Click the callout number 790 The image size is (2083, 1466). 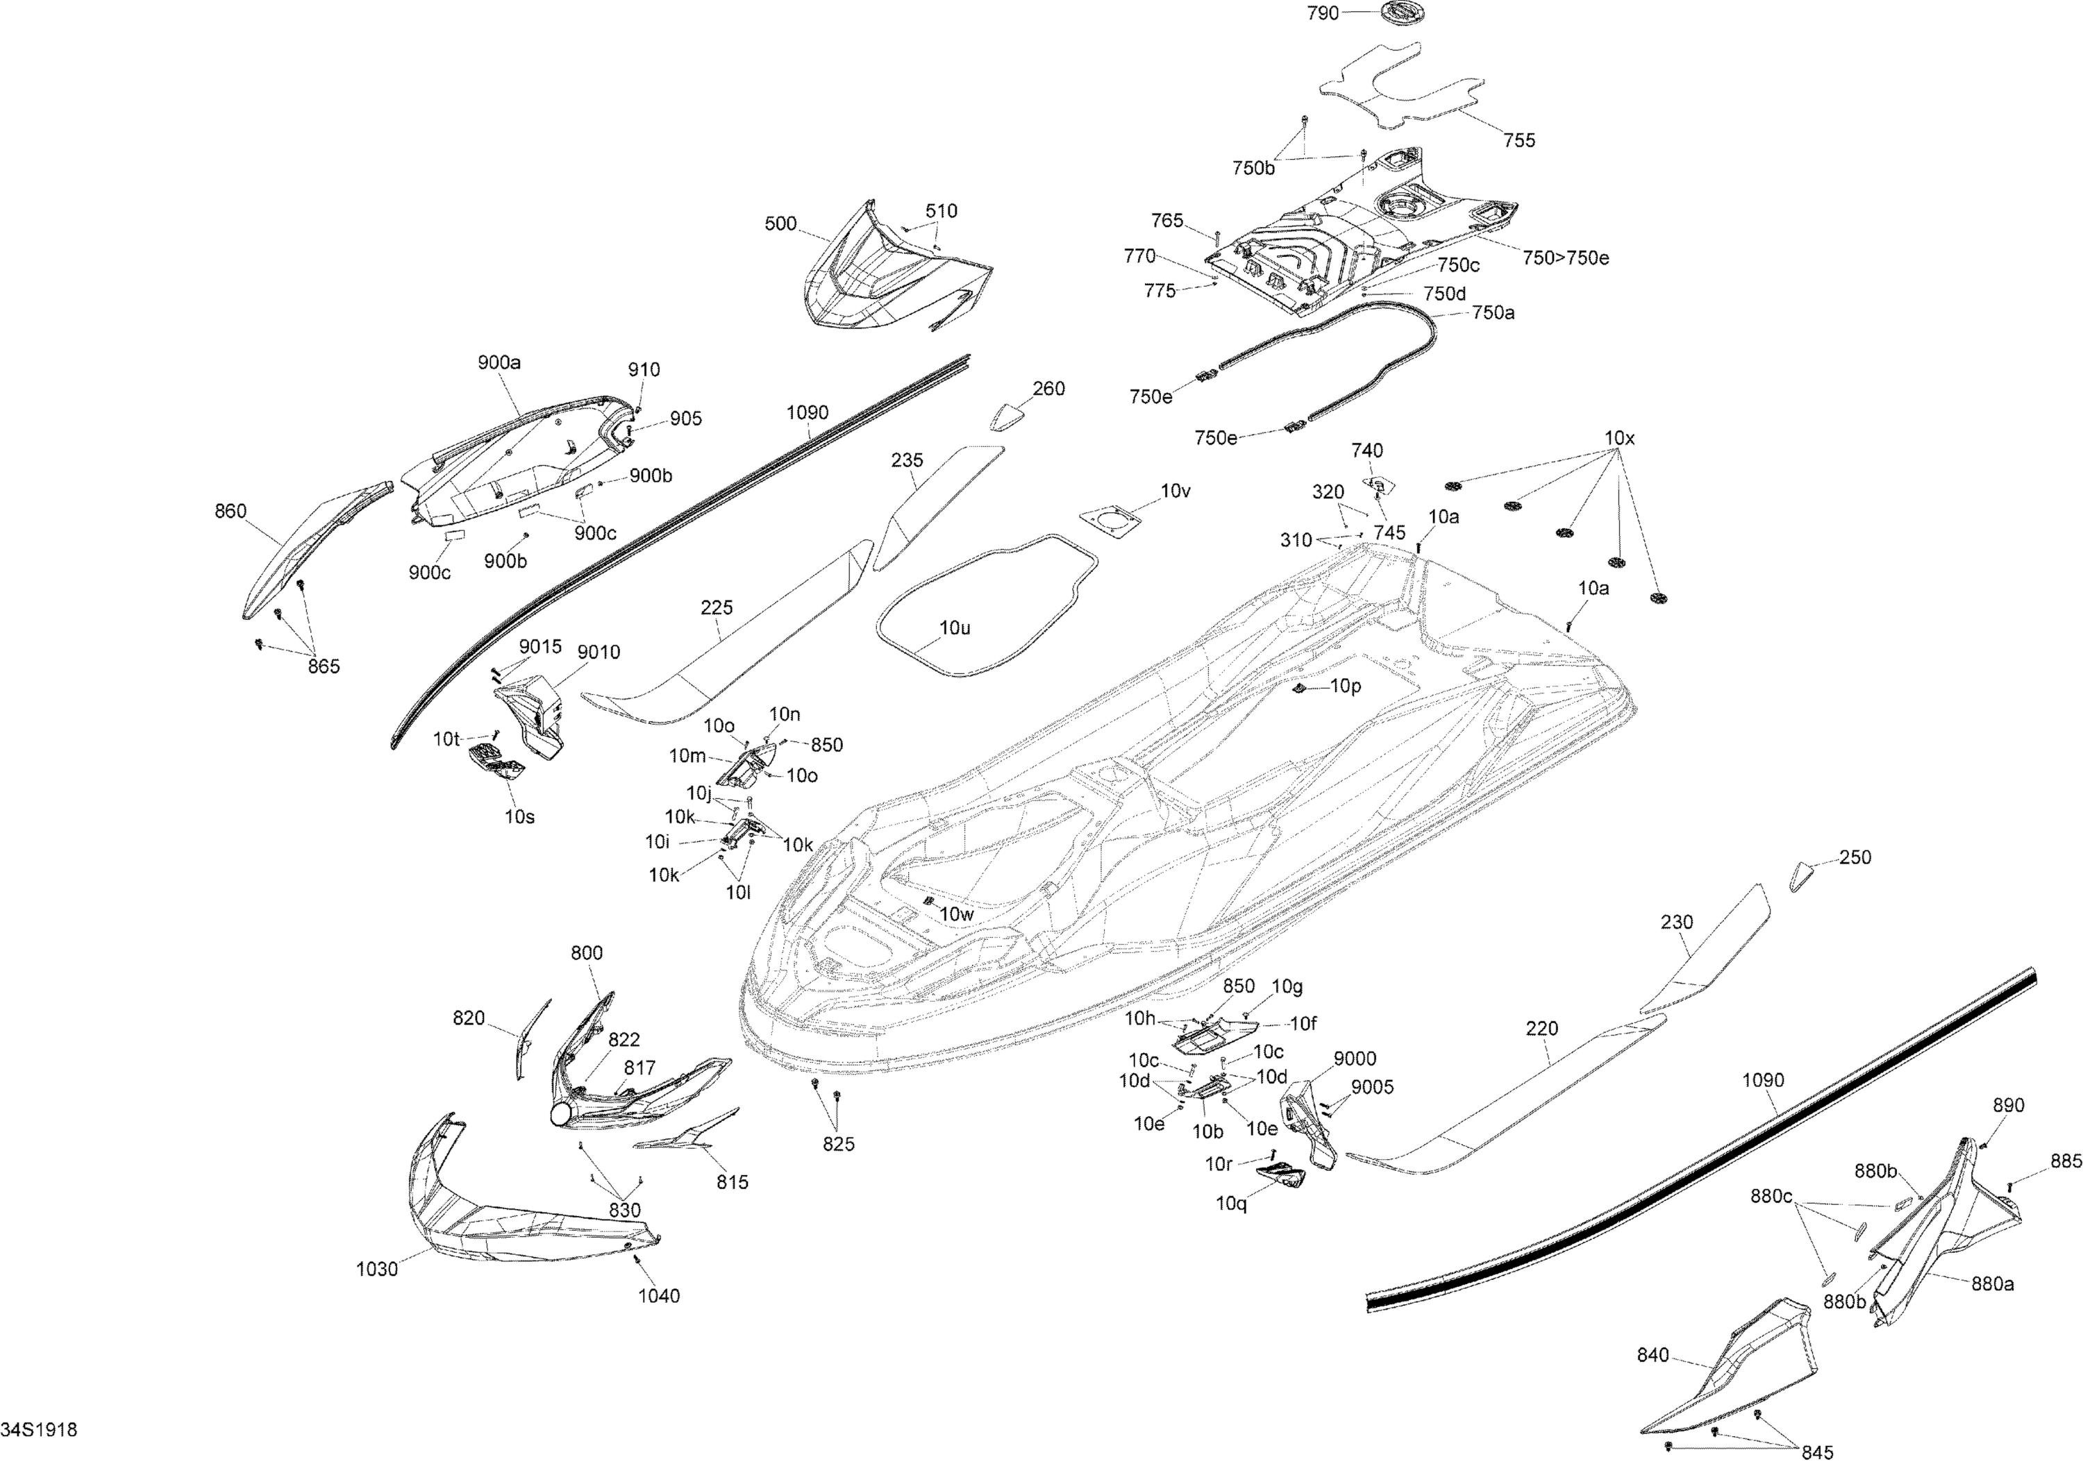1323,14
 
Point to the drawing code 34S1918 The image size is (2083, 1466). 39,1430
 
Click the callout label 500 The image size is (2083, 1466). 780,224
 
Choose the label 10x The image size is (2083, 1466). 1619,438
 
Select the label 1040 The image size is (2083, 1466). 659,1295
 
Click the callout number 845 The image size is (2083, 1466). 1817,1452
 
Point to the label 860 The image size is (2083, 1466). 231,511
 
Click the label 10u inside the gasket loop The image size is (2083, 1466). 955,627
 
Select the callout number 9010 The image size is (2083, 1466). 599,652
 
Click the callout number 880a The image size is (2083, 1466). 1992,1283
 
